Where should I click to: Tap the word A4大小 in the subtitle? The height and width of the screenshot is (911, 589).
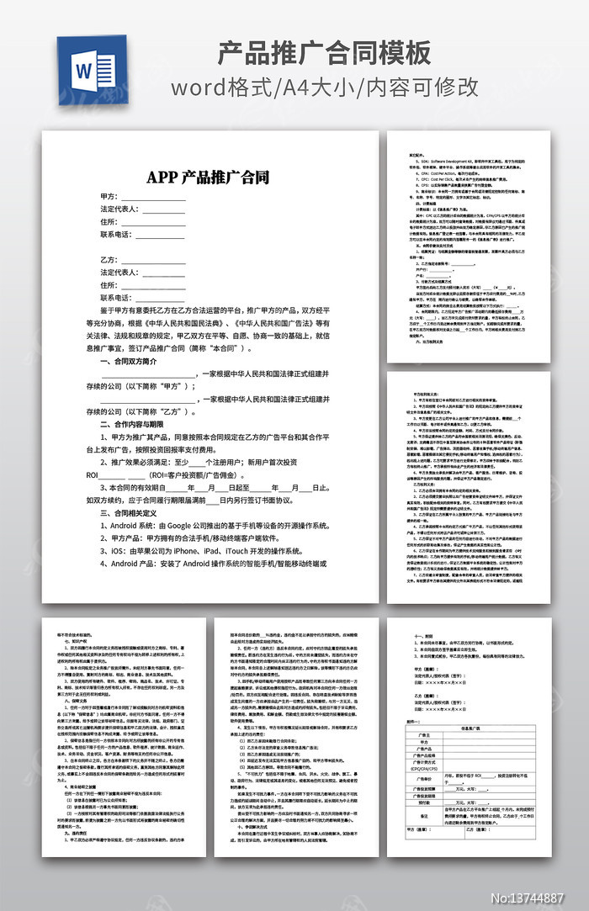tap(321, 87)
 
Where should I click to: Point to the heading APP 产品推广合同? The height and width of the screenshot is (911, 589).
tap(208, 177)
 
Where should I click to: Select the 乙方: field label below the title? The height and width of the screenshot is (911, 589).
tap(109, 260)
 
